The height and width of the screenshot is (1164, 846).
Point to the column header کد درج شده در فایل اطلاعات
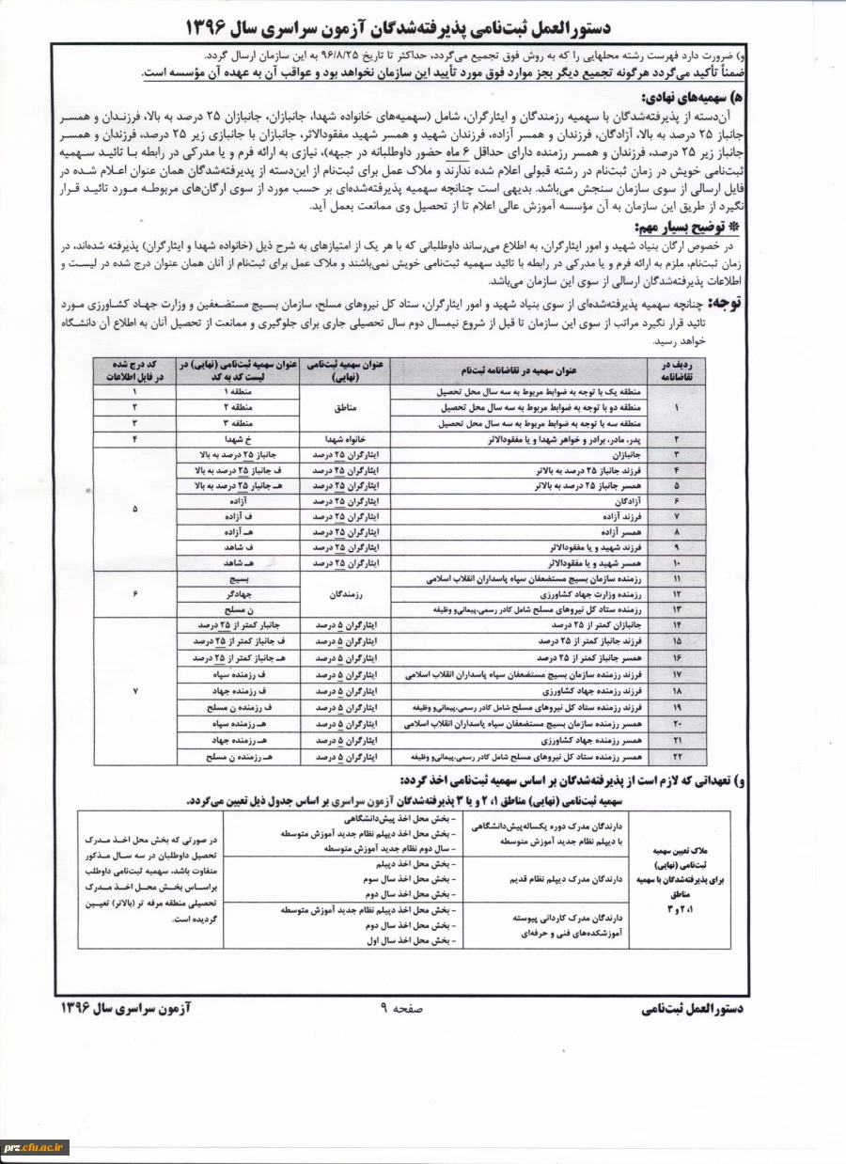point(134,369)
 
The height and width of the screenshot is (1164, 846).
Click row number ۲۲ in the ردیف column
point(677,756)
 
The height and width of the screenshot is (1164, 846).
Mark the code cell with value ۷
point(134,691)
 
